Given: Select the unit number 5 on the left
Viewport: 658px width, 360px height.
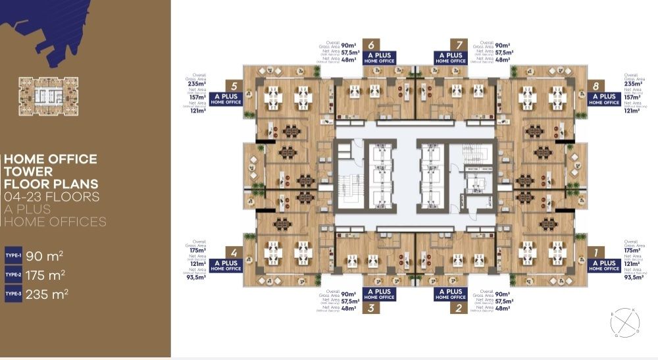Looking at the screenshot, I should pos(234,86).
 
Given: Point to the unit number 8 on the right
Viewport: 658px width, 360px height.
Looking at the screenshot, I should pos(595,86).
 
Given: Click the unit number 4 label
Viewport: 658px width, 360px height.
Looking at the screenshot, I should pos(234,252).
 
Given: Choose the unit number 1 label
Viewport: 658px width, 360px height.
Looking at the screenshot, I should pos(595,252).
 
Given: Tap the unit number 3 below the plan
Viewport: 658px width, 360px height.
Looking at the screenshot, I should pos(372,307).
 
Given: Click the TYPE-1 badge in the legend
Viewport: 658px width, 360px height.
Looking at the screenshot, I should pos(13,255).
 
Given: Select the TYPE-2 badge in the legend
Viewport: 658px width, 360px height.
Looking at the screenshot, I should pos(13,274).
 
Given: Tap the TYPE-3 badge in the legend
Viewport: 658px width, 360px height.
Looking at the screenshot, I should pos(13,294).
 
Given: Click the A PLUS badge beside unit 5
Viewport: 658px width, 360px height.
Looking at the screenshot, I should pos(226,99).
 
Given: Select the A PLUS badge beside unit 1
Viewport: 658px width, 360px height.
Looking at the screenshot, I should pos(603,265).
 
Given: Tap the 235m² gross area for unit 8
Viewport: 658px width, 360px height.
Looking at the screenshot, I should pos(632,84).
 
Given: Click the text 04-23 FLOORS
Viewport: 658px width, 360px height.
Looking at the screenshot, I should pos(51,197).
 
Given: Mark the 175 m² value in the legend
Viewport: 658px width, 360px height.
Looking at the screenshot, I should pos(45,274).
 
